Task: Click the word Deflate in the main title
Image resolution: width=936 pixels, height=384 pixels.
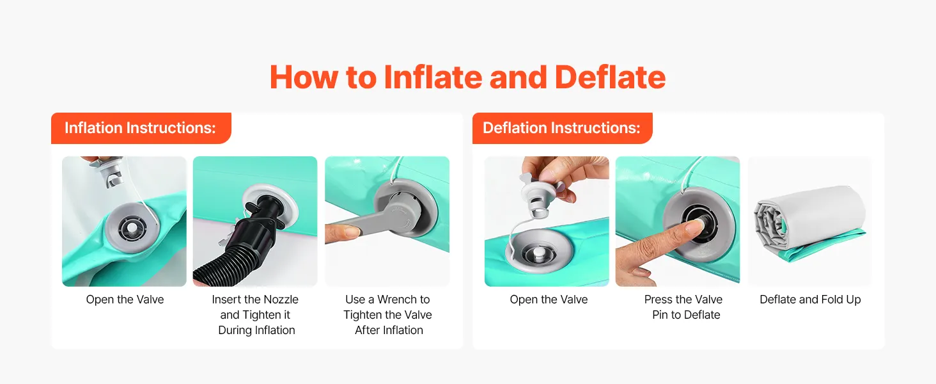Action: pos(610,77)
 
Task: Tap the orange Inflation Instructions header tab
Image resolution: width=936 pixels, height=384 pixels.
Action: pos(141,128)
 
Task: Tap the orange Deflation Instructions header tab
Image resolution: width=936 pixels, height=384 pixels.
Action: pos(562,128)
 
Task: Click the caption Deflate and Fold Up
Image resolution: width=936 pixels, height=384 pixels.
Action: pos(810,300)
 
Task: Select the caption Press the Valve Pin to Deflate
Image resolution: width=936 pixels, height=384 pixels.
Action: pos(683,307)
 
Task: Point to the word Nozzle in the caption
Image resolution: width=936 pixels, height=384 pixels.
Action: pos(279,300)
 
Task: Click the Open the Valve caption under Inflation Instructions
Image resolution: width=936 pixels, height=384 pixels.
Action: pos(125,300)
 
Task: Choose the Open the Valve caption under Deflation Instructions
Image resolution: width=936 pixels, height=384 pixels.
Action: pos(549,300)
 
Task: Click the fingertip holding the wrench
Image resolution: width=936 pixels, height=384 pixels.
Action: pos(343,232)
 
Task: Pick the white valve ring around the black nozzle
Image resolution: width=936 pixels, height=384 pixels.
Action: pos(271,206)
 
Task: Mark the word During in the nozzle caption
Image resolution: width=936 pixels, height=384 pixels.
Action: pos(235,330)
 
